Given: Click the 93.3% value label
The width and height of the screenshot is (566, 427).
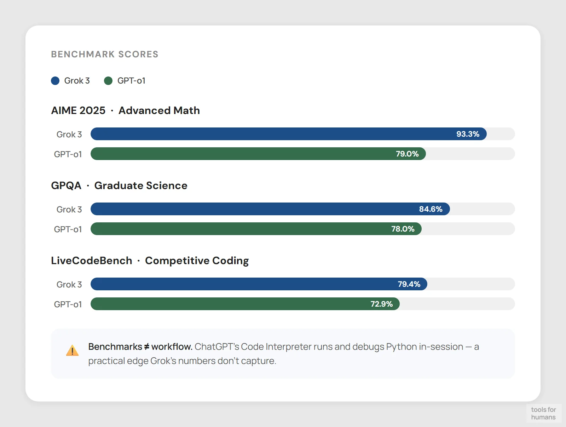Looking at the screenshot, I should coord(468,134).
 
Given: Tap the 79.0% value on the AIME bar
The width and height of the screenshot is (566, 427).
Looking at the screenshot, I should coord(407,154).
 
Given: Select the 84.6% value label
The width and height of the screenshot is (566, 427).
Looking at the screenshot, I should coord(431,209).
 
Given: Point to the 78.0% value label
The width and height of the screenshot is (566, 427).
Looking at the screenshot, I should coord(403,229).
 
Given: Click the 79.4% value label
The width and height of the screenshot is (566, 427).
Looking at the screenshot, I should coord(409,284).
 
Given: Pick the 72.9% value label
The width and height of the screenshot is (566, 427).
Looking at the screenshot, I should coord(381,304).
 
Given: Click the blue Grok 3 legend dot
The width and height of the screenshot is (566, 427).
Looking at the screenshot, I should coord(55,81).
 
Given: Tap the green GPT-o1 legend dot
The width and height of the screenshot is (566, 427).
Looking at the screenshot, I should coord(108,81).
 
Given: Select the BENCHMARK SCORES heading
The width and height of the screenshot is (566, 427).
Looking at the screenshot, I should coord(105,54).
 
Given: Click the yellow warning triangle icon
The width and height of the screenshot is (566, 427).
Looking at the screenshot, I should coord(73,351).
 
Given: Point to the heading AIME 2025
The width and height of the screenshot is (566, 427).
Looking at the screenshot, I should coord(78,110).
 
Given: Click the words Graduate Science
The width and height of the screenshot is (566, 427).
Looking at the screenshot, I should coord(141,186).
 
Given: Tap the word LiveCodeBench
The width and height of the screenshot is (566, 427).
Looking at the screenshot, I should coord(92,261).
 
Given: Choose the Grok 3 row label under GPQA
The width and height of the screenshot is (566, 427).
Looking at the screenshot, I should coord(69,210).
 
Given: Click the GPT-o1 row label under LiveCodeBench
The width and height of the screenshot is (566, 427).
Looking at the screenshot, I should coord(68,304).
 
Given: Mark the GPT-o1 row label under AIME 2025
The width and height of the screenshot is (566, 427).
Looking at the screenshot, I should coord(68,154).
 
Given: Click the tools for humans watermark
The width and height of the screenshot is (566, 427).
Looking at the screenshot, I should coord(543,413).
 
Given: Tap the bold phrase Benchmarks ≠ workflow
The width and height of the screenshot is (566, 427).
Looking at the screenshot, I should coord(140,347).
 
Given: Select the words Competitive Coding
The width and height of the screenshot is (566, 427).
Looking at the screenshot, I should coord(197,261).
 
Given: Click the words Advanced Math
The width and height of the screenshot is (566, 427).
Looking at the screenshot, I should coord(159,110).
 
